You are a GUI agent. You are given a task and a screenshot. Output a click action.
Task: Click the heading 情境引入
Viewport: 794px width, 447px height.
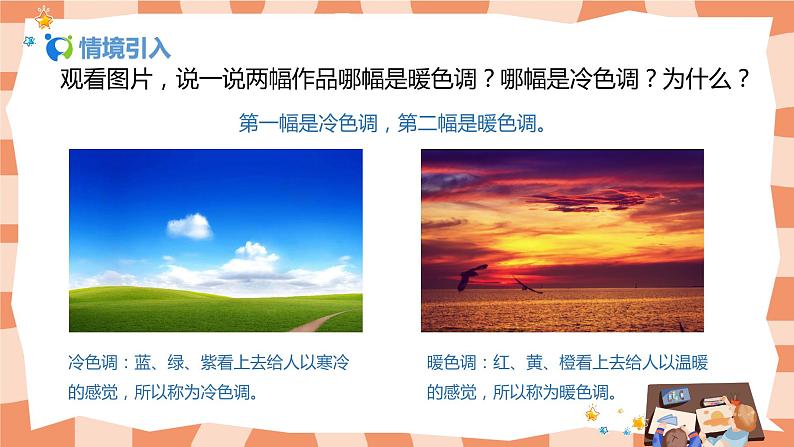pos(125,48)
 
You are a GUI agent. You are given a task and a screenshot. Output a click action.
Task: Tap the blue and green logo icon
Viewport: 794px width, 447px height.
pos(59,47)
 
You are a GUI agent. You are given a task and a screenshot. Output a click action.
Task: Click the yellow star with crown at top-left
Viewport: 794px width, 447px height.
pos(44,18)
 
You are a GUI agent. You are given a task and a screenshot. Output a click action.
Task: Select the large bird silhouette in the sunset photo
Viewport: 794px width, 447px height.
pos(471,277)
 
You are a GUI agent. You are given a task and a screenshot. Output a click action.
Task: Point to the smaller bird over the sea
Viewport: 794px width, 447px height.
pos(528,286)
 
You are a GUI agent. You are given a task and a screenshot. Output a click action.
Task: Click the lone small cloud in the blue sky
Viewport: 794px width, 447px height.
pos(189,226)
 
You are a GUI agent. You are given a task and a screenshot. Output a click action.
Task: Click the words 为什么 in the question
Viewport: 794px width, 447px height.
pos(696,79)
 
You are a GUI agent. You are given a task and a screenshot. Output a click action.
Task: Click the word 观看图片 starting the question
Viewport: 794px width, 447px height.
pos(106,79)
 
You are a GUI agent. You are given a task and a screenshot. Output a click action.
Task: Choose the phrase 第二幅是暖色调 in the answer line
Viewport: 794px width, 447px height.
pos(467,123)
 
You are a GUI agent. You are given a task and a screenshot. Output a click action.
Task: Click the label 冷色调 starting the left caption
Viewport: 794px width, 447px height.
pos(93,362)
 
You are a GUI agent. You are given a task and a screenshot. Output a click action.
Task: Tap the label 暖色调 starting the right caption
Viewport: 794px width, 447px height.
pos(451,362)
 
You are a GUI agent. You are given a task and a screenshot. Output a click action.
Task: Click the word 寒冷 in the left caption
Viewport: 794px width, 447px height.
pos(332,362)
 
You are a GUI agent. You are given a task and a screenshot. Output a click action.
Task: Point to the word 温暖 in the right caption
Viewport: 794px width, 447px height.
pos(691,362)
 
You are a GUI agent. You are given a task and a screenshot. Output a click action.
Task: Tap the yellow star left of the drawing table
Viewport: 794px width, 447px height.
pos(592,414)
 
